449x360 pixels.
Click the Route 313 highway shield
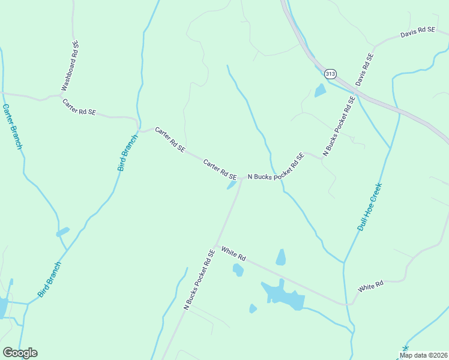[x=330, y=73]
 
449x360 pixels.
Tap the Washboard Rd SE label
[x=69, y=65]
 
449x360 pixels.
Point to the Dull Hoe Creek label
[x=370, y=206]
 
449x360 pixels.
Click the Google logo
[x=20, y=353]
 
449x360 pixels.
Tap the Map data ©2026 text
[x=423, y=355]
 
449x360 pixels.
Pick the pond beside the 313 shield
[x=320, y=91]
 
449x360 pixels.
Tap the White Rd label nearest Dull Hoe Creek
[x=370, y=287]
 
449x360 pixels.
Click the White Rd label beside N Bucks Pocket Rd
[x=234, y=253]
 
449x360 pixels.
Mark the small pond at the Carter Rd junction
[x=231, y=185]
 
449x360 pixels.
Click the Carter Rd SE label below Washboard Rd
[x=79, y=107]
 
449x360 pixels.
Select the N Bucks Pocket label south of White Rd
[x=199, y=279]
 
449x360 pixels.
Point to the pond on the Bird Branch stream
[x=62, y=232]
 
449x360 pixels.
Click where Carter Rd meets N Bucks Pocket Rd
[x=242, y=178]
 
